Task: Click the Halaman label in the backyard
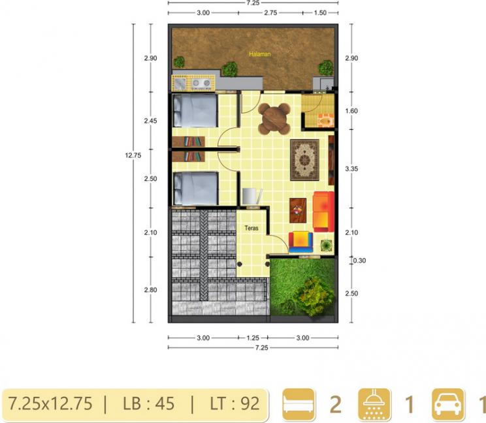260,54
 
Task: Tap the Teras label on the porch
251,228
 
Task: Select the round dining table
274,119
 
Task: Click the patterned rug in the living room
304,160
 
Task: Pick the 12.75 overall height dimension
133,155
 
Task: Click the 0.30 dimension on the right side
359,260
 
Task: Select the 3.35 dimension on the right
351,169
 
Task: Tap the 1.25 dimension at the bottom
253,338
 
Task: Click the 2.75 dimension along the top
270,12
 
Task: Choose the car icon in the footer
449,404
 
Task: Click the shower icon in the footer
374,404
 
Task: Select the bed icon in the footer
299,404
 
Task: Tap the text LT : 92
235,404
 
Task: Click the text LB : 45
149,404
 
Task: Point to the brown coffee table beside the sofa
298,211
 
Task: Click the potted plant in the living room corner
327,245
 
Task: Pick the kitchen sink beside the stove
180,83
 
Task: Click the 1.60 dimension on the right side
351,110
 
